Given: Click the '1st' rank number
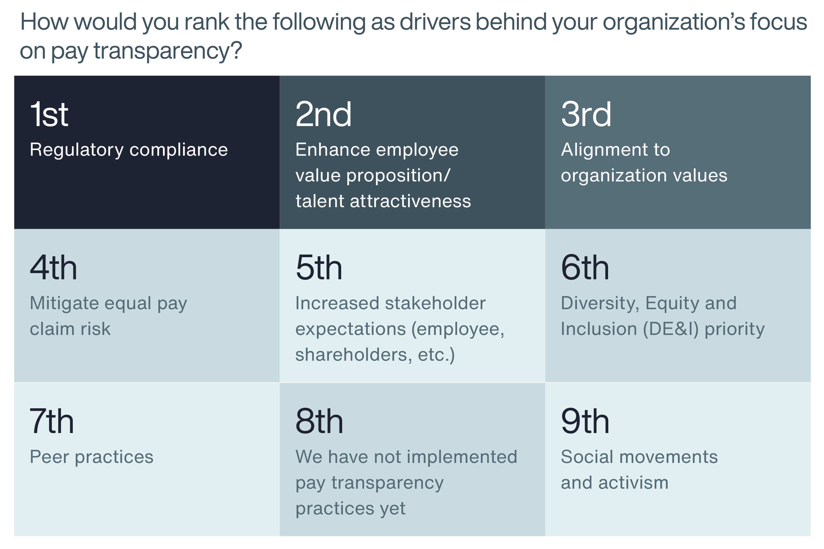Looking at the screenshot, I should [x=49, y=115].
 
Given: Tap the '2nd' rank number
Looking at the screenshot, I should [x=323, y=115].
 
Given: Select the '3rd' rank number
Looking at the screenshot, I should [x=586, y=115].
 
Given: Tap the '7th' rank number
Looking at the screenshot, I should [x=52, y=421].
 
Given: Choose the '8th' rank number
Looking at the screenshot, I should [x=319, y=421].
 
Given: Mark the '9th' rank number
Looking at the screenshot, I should [x=585, y=421].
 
